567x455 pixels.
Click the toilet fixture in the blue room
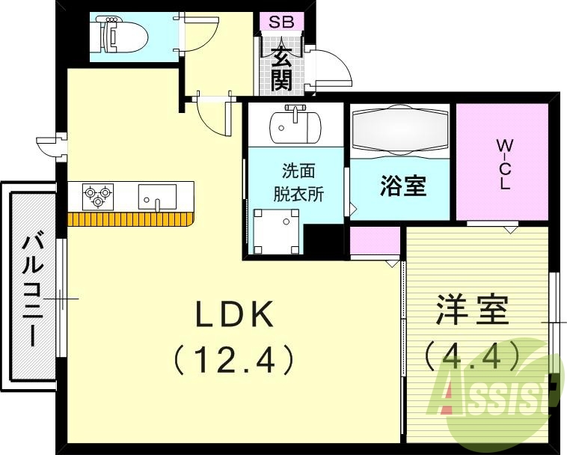tap(117, 34)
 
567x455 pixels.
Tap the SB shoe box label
tap(281, 21)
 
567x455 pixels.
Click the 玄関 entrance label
tap(281, 67)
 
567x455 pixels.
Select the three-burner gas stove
tap(95, 196)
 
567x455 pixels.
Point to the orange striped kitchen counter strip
tap(131, 219)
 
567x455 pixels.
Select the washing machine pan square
tap(275, 230)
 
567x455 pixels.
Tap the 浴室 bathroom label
tap(402, 186)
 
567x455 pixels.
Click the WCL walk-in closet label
tap(505, 163)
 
